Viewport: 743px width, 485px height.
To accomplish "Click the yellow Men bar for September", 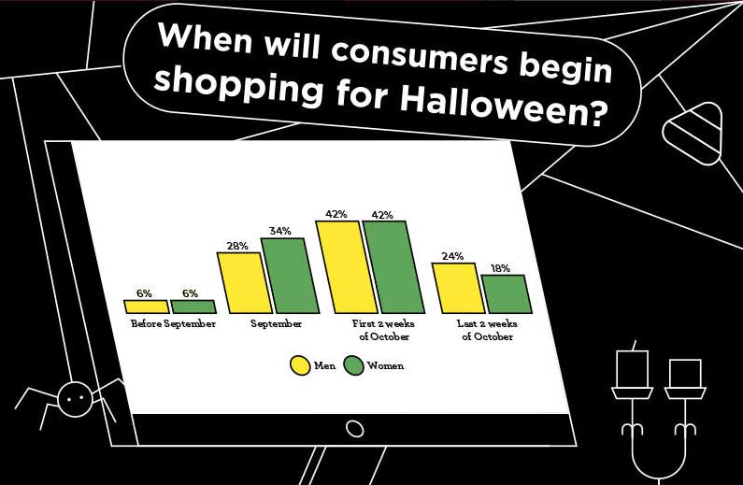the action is click(245, 283).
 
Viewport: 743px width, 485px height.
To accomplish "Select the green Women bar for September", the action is click(291, 276).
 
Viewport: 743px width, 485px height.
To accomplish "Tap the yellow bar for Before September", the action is click(147, 307).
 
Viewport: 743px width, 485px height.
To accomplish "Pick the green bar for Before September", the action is click(193, 307).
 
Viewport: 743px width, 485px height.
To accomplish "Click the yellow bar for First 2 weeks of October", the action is click(348, 267).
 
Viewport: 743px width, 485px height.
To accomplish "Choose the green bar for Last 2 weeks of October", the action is click(507, 294).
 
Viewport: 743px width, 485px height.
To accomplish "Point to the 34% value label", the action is click(280, 231).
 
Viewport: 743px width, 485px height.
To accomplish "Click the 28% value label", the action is click(237, 246).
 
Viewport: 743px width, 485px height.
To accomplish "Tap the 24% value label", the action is click(452, 256).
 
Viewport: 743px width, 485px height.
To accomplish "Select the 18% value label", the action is click(500, 268).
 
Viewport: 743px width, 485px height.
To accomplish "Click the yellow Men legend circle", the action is click(300, 365).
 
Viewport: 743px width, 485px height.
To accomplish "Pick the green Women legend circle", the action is click(353, 365).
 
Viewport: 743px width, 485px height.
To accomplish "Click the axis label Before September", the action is click(174, 324).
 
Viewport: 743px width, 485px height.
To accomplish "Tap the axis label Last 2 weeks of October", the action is click(487, 330).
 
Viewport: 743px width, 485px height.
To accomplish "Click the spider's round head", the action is click(75, 399).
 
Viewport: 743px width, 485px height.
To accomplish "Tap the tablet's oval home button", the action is click(354, 429).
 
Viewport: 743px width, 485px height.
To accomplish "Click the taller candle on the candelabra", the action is click(632, 368).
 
